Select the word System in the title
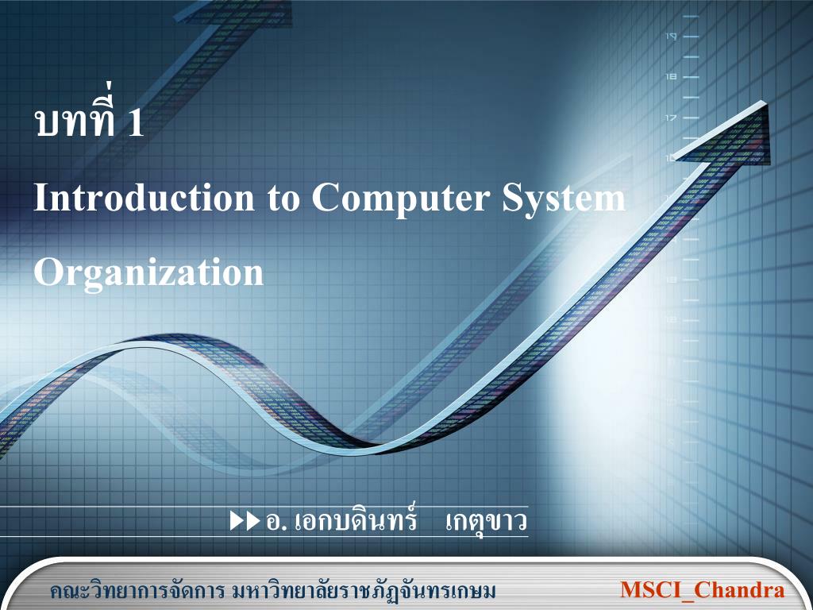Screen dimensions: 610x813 point(563,199)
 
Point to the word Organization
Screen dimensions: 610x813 point(148,273)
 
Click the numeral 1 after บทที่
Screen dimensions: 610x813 point(136,124)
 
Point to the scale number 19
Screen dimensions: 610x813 point(671,36)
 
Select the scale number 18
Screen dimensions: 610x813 point(671,76)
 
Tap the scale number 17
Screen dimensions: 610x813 point(671,118)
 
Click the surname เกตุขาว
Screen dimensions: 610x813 point(486,522)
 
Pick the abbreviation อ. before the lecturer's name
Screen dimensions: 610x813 point(276,523)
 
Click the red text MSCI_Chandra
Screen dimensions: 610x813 point(702,590)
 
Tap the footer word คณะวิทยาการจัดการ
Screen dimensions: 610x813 point(137,592)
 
